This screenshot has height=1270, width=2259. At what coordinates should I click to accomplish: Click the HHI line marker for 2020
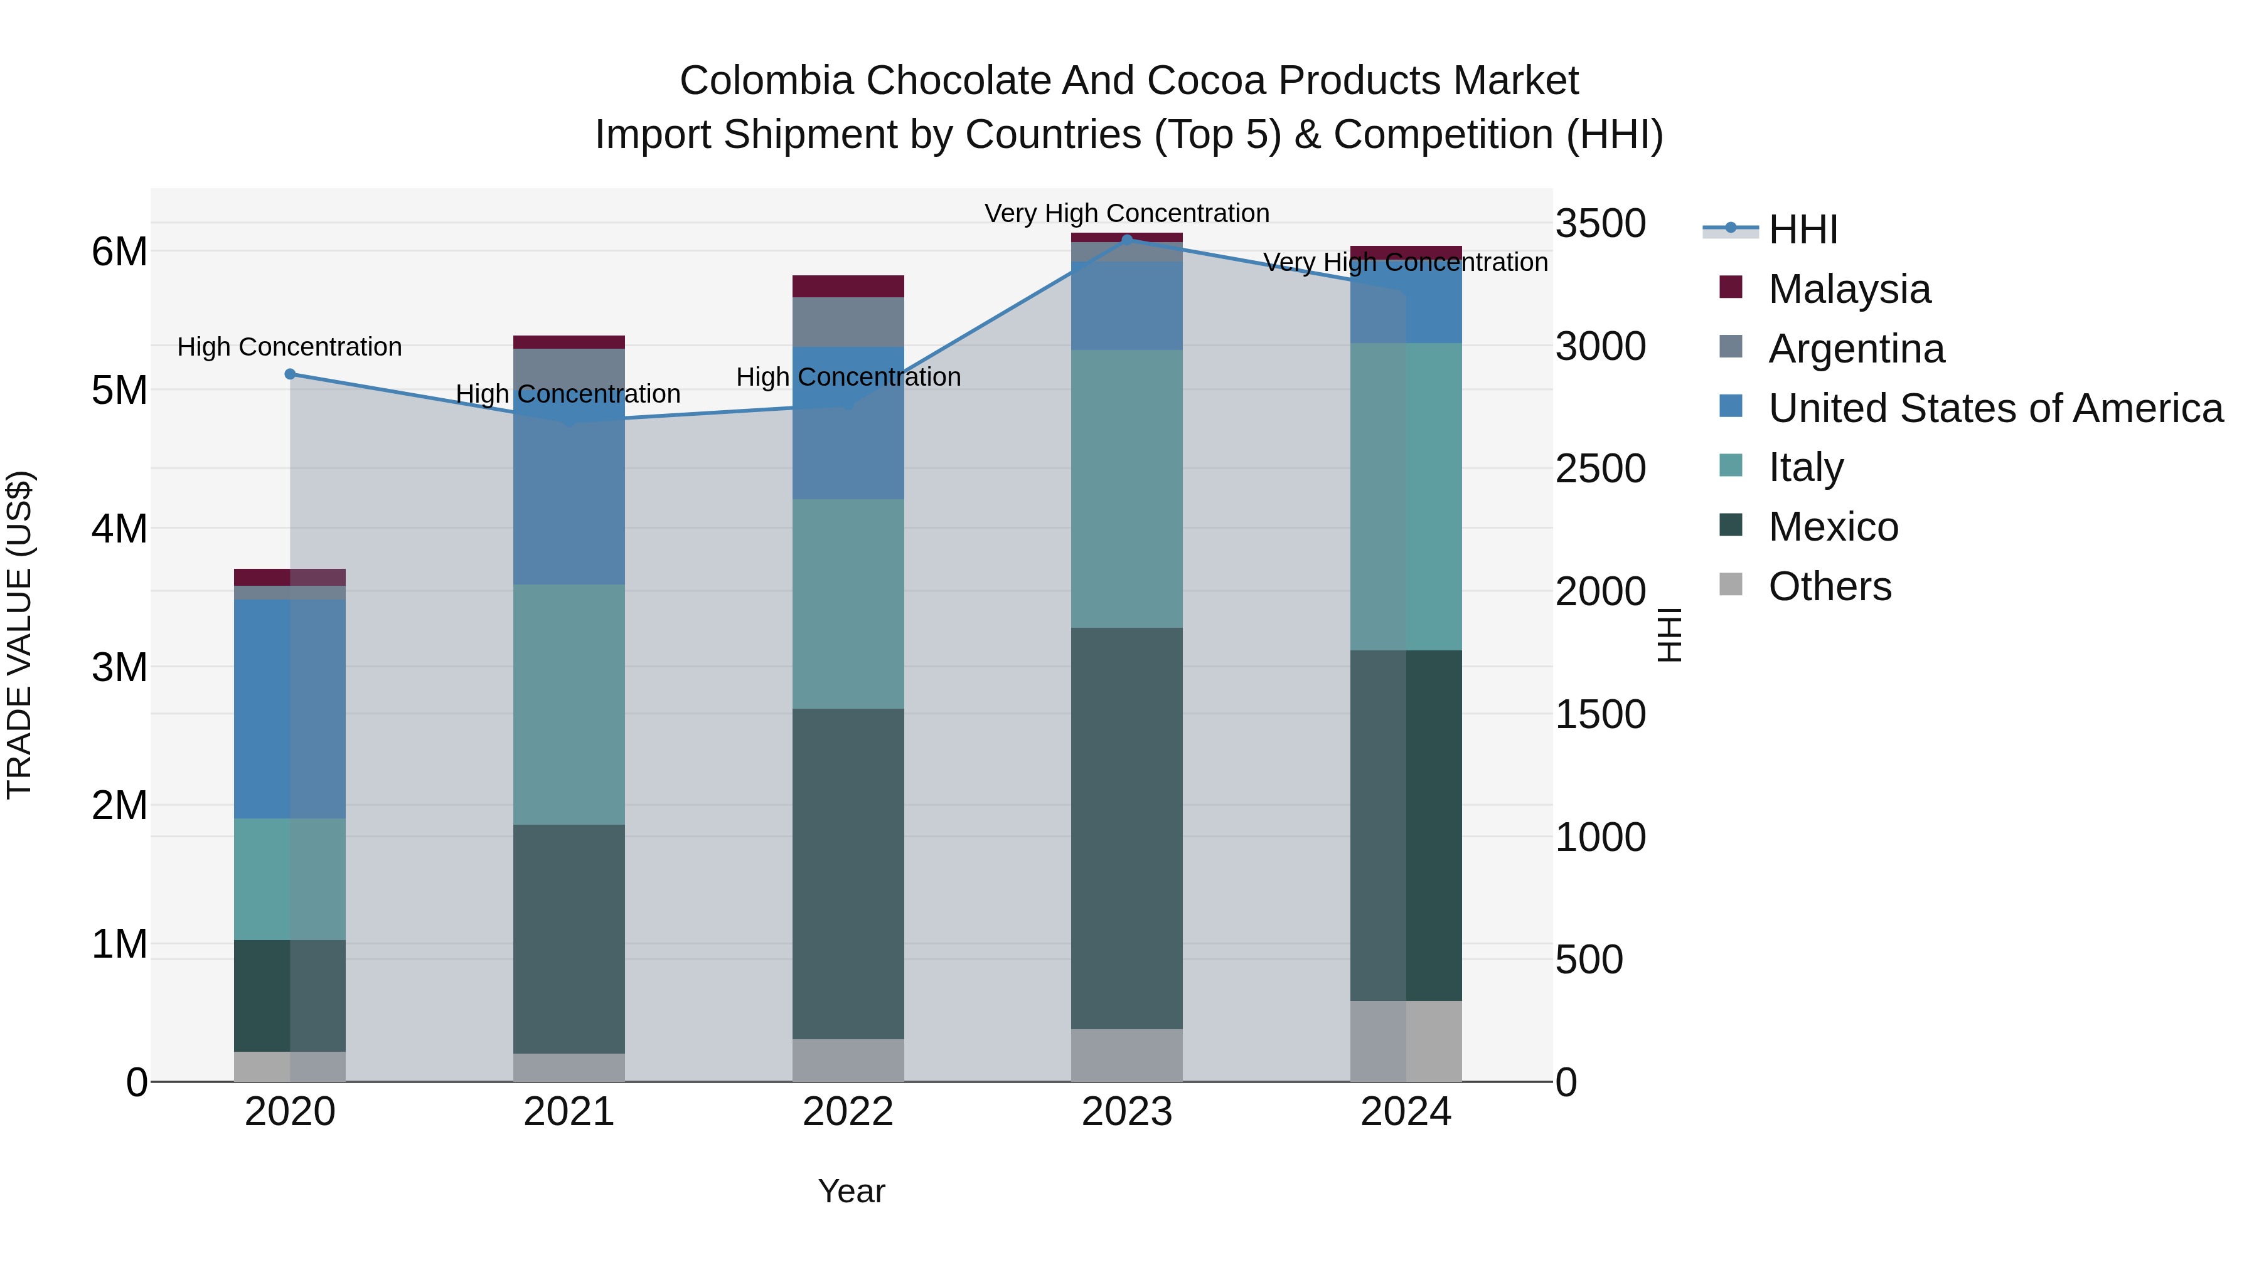[291, 374]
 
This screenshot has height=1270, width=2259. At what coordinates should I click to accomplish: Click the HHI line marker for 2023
[1127, 240]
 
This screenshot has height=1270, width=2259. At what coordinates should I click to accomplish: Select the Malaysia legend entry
[1849, 289]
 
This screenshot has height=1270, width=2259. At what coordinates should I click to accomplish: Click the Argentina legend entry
[1856, 349]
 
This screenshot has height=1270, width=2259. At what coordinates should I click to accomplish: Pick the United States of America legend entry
[1995, 408]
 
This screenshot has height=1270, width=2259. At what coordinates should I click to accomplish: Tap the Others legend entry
[1829, 586]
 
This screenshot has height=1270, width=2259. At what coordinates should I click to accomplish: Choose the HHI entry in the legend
[1802, 230]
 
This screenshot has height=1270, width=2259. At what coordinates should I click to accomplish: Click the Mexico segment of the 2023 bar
[1127, 828]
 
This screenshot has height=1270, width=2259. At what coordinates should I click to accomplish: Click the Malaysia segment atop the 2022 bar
[848, 287]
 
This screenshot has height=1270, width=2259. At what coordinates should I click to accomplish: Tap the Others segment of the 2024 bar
[1406, 1041]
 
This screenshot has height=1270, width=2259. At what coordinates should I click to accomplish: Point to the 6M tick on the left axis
[119, 252]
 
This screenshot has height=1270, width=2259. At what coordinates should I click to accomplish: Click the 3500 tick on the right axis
[1600, 223]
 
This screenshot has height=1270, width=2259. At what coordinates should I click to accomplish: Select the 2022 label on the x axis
[848, 1112]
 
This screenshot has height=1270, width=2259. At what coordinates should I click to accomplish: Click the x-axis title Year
[852, 1192]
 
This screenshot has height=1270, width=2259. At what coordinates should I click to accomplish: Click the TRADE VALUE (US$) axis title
[19, 635]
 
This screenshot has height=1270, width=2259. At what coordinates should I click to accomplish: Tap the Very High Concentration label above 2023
[1127, 213]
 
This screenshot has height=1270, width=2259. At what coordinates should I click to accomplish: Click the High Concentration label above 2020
[289, 347]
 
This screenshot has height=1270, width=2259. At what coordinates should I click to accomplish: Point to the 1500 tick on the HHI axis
[1600, 714]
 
